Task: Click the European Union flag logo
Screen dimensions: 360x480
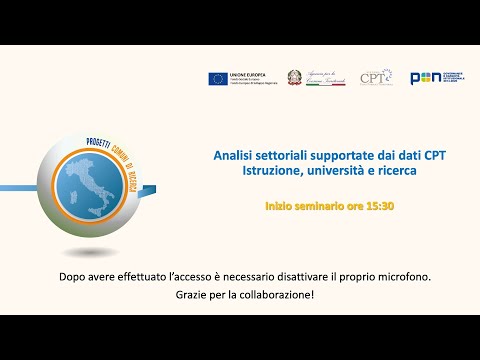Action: (217, 78)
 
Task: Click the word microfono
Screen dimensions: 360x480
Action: (403, 276)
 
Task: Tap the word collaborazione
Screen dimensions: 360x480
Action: (275, 296)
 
